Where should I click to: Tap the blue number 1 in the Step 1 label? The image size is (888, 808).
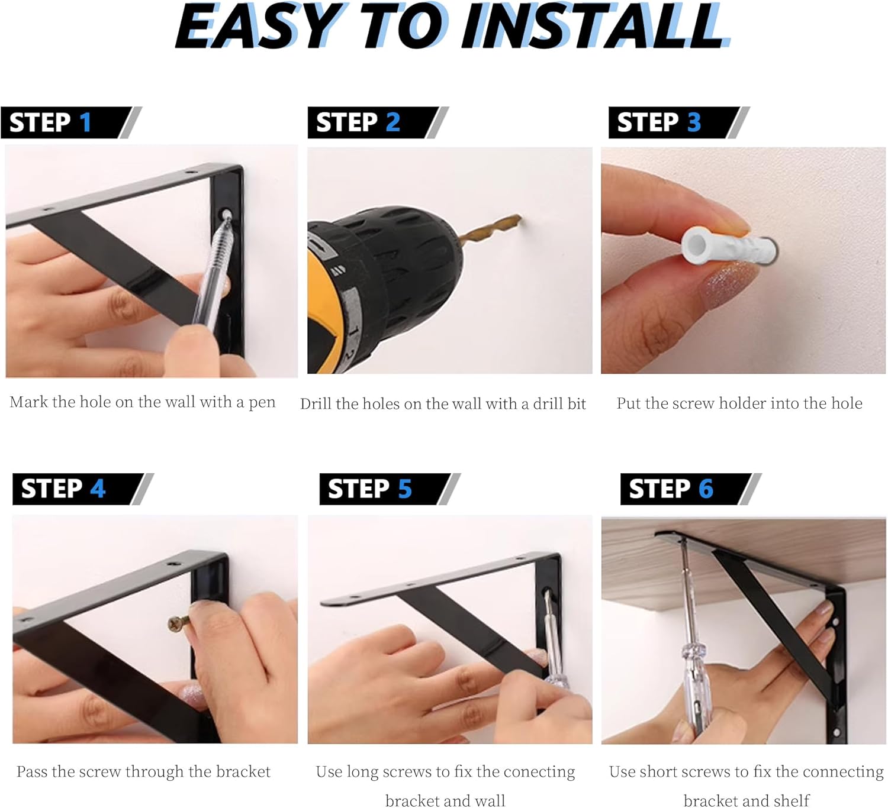coord(85,122)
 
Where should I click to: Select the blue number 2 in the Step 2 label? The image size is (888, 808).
coord(392,122)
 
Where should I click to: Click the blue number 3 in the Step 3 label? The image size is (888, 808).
coord(694,122)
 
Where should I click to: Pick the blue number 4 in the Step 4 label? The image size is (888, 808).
coord(98,489)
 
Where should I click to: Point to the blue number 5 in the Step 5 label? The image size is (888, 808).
coord(404,489)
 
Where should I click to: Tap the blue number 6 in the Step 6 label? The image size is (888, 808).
coord(706,489)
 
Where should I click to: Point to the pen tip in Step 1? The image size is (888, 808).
coord(227,215)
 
